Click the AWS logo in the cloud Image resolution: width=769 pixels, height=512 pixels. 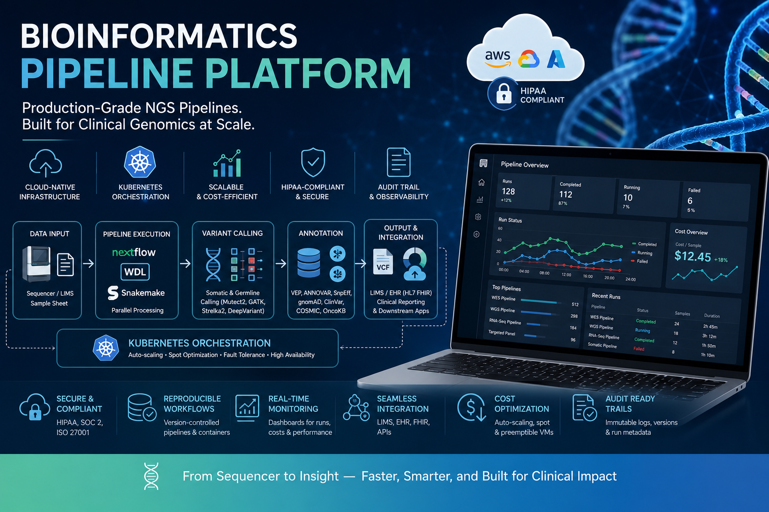click(x=498, y=58)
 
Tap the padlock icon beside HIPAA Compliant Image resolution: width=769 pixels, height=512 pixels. click(x=504, y=93)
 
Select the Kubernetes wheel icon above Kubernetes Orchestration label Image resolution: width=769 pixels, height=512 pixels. click(x=140, y=162)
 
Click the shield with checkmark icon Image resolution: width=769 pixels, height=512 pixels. click(x=313, y=162)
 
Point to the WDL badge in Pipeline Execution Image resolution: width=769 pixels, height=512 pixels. click(x=135, y=272)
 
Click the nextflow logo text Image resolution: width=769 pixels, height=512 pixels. click(x=134, y=252)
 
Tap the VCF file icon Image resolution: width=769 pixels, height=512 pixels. click(x=383, y=262)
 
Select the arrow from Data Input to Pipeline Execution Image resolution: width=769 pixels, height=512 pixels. click(x=88, y=263)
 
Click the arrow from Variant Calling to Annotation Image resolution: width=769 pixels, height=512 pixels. click(x=281, y=263)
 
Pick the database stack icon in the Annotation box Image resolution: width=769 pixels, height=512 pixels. click(x=308, y=263)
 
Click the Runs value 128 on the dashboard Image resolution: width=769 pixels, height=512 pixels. click(x=508, y=191)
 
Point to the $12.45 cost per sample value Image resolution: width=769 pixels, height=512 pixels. click(x=692, y=256)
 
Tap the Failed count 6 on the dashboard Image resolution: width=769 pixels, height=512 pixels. click(x=690, y=200)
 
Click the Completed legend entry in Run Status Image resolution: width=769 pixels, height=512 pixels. click(x=644, y=244)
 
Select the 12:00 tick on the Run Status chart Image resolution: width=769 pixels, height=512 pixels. click(x=566, y=274)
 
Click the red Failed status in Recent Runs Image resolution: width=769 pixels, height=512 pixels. click(x=638, y=349)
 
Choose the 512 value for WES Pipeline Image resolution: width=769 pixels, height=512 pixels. click(x=575, y=304)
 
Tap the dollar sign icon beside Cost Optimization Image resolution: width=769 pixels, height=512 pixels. click(x=472, y=407)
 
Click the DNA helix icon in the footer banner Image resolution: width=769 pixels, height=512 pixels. click(x=151, y=476)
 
